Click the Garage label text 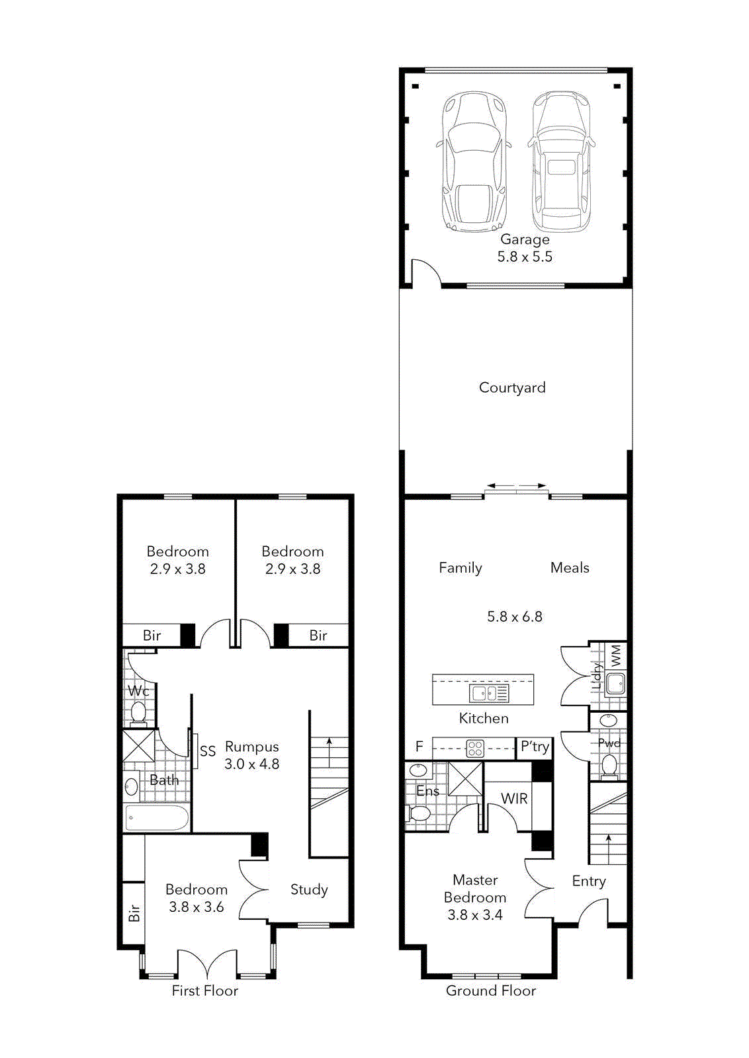(x=525, y=239)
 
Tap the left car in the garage (x=474, y=162)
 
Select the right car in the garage (x=561, y=162)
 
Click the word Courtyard (x=512, y=387)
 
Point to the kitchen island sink (x=489, y=693)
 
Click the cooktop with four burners (x=475, y=749)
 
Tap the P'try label (x=535, y=747)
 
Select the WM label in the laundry (x=616, y=655)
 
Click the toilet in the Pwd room (x=609, y=766)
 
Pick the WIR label (x=514, y=799)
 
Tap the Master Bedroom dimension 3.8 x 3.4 (x=474, y=915)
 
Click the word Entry (x=588, y=881)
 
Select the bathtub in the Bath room (x=157, y=818)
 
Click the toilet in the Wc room (x=138, y=713)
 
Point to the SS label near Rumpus (x=208, y=751)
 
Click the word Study (x=309, y=890)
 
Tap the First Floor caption (x=204, y=991)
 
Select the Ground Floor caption (x=490, y=991)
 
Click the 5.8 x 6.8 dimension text (x=514, y=617)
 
